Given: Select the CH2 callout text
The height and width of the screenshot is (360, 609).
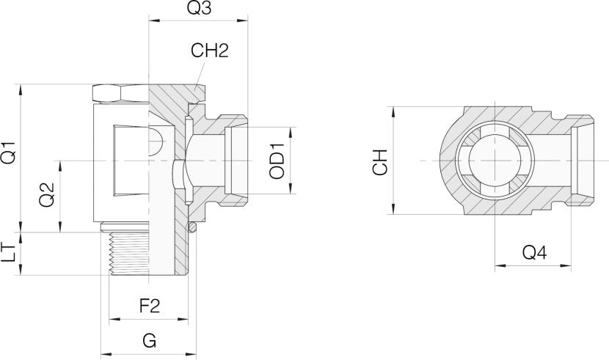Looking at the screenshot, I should click(x=210, y=51).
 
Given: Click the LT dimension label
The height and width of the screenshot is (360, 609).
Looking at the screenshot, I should click(x=10, y=254).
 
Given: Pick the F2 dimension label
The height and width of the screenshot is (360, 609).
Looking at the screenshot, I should click(x=150, y=306).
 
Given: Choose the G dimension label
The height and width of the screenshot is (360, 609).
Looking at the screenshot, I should click(x=149, y=341).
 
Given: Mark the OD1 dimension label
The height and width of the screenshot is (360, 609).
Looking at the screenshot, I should click(x=277, y=161).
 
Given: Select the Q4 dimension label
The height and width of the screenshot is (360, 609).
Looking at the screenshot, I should click(x=533, y=253).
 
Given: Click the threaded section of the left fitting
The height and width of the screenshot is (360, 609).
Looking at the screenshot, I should click(x=128, y=254).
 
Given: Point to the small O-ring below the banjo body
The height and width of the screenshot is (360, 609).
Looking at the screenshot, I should click(x=192, y=229).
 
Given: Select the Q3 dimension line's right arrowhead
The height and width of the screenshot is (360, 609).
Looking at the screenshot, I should click(x=246, y=23).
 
